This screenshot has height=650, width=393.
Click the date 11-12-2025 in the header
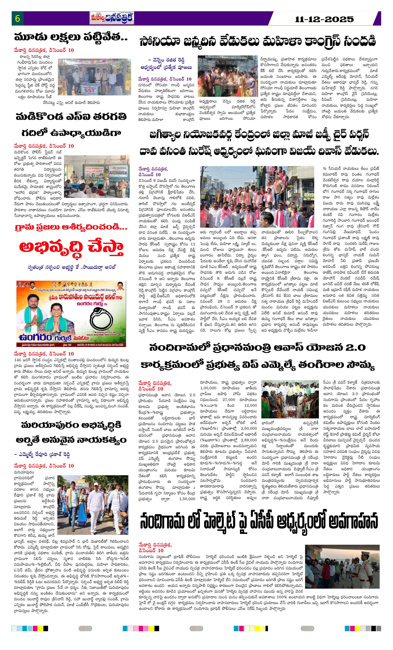324,19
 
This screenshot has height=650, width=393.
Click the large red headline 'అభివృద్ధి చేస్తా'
71,247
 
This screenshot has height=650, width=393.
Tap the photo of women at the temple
227,76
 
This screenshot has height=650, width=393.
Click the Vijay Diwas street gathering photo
257,197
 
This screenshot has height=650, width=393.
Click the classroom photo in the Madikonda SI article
97,177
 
